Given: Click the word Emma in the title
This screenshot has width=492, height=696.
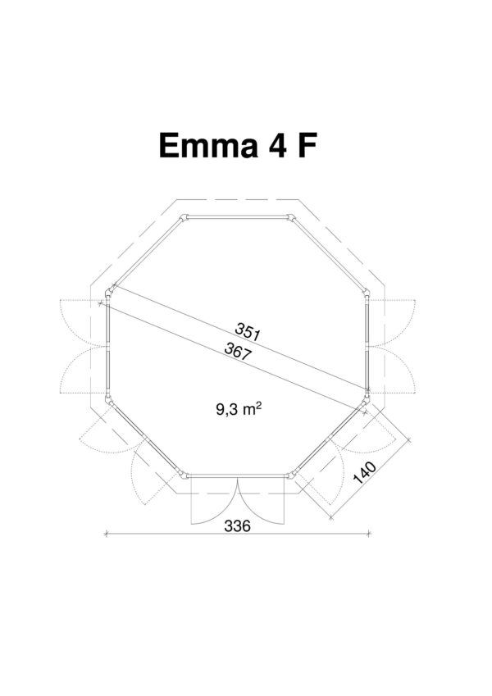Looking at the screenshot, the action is coord(208,145).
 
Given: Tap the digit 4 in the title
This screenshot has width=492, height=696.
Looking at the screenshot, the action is coord(277,145).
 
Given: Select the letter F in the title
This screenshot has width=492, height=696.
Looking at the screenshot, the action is coord(307,145).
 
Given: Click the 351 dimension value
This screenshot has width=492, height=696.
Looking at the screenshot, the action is coord(248,331).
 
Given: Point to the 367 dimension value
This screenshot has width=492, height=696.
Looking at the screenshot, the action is coord(238,351).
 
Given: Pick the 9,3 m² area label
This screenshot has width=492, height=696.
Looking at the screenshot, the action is coord(238,409).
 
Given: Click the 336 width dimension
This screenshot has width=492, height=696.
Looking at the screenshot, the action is coord(237,526).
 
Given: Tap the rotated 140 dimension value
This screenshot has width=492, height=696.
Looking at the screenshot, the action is coord(365,472).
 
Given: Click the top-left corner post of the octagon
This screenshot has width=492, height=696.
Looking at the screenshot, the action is coord(184,218).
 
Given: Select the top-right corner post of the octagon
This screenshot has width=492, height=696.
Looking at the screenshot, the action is coord(291,218).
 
